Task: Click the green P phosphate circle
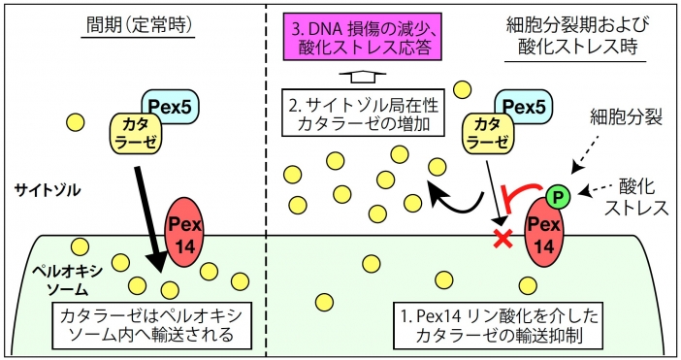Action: click(x=558, y=197)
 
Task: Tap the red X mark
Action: click(x=503, y=239)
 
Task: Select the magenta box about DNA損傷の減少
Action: click(x=362, y=37)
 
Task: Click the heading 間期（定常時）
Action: click(x=139, y=26)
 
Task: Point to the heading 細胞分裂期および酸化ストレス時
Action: click(x=577, y=36)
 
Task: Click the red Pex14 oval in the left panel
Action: click(x=184, y=232)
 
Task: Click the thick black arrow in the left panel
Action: click(x=149, y=219)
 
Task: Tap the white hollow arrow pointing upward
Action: click(x=363, y=79)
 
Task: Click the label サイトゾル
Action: click(x=48, y=190)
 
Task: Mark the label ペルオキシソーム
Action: click(x=68, y=280)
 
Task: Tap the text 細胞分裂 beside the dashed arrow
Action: click(x=626, y=116)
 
